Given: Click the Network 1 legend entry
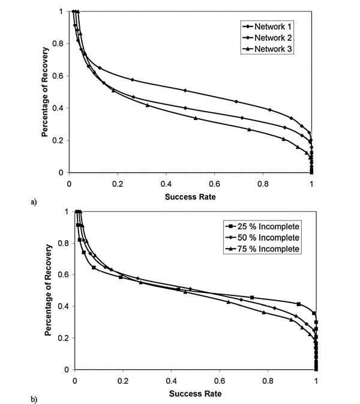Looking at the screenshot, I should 267,27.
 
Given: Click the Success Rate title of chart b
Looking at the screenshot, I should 194,394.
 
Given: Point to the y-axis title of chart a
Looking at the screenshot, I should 46,92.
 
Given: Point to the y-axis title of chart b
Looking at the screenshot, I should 49,290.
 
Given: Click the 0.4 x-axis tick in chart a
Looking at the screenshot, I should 166,184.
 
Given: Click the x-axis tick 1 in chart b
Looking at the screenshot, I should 316,381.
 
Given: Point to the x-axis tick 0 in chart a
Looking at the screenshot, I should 70,184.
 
